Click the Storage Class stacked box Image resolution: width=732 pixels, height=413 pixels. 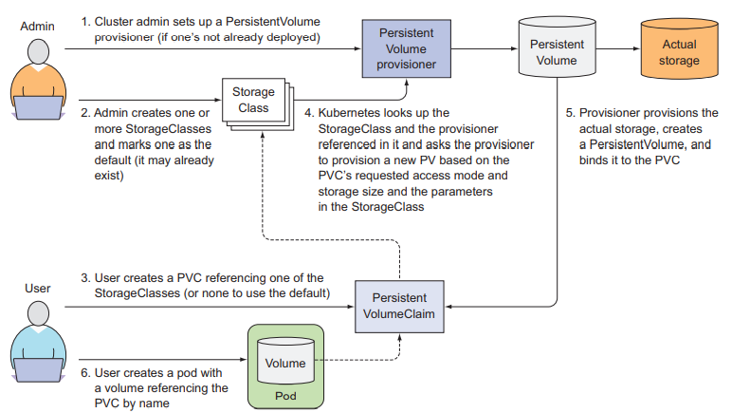pos(253,100)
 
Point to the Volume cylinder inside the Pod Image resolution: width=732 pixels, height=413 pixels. pos(285,362)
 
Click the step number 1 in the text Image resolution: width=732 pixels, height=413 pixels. pos(84,20)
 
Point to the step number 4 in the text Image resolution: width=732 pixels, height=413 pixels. pos(309,112)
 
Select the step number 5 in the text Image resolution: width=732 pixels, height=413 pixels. pos(570,112)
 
